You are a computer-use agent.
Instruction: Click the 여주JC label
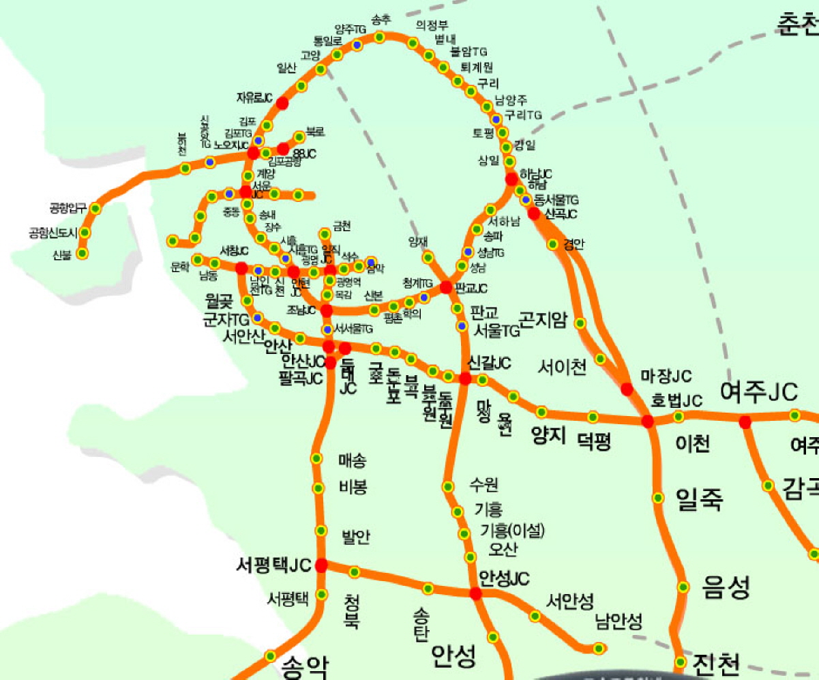coord(759,392)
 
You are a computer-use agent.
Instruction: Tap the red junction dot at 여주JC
coord(745,422)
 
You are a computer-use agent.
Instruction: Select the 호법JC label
coord(676,400)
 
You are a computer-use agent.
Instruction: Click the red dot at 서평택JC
coord(321,565)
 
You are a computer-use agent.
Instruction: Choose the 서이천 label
coord(562,368)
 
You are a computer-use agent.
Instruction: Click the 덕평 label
coord(594,443)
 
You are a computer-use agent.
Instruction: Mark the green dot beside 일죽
coord(658,498)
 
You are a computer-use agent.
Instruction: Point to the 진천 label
coord(716,662)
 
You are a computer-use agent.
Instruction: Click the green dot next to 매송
coord(316,458)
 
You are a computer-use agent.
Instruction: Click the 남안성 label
coord(619,621)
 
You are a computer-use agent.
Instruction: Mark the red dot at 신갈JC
coord(465,379)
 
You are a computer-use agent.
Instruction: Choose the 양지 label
coord(550,435)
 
